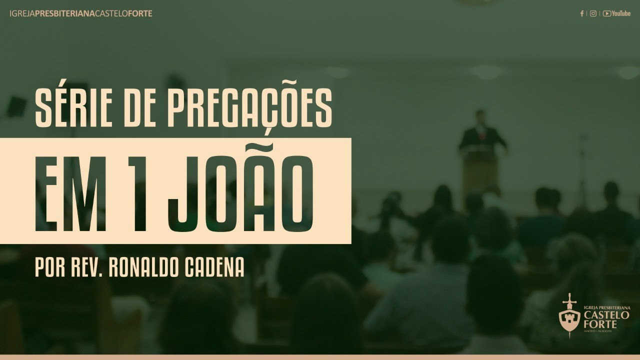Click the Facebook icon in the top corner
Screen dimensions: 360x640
[582, 13]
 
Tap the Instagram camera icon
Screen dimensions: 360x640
[593, 13]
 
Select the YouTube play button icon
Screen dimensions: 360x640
[606, 13]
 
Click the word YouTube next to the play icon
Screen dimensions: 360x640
[620, 13]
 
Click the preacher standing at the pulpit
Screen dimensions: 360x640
[482, 137]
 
